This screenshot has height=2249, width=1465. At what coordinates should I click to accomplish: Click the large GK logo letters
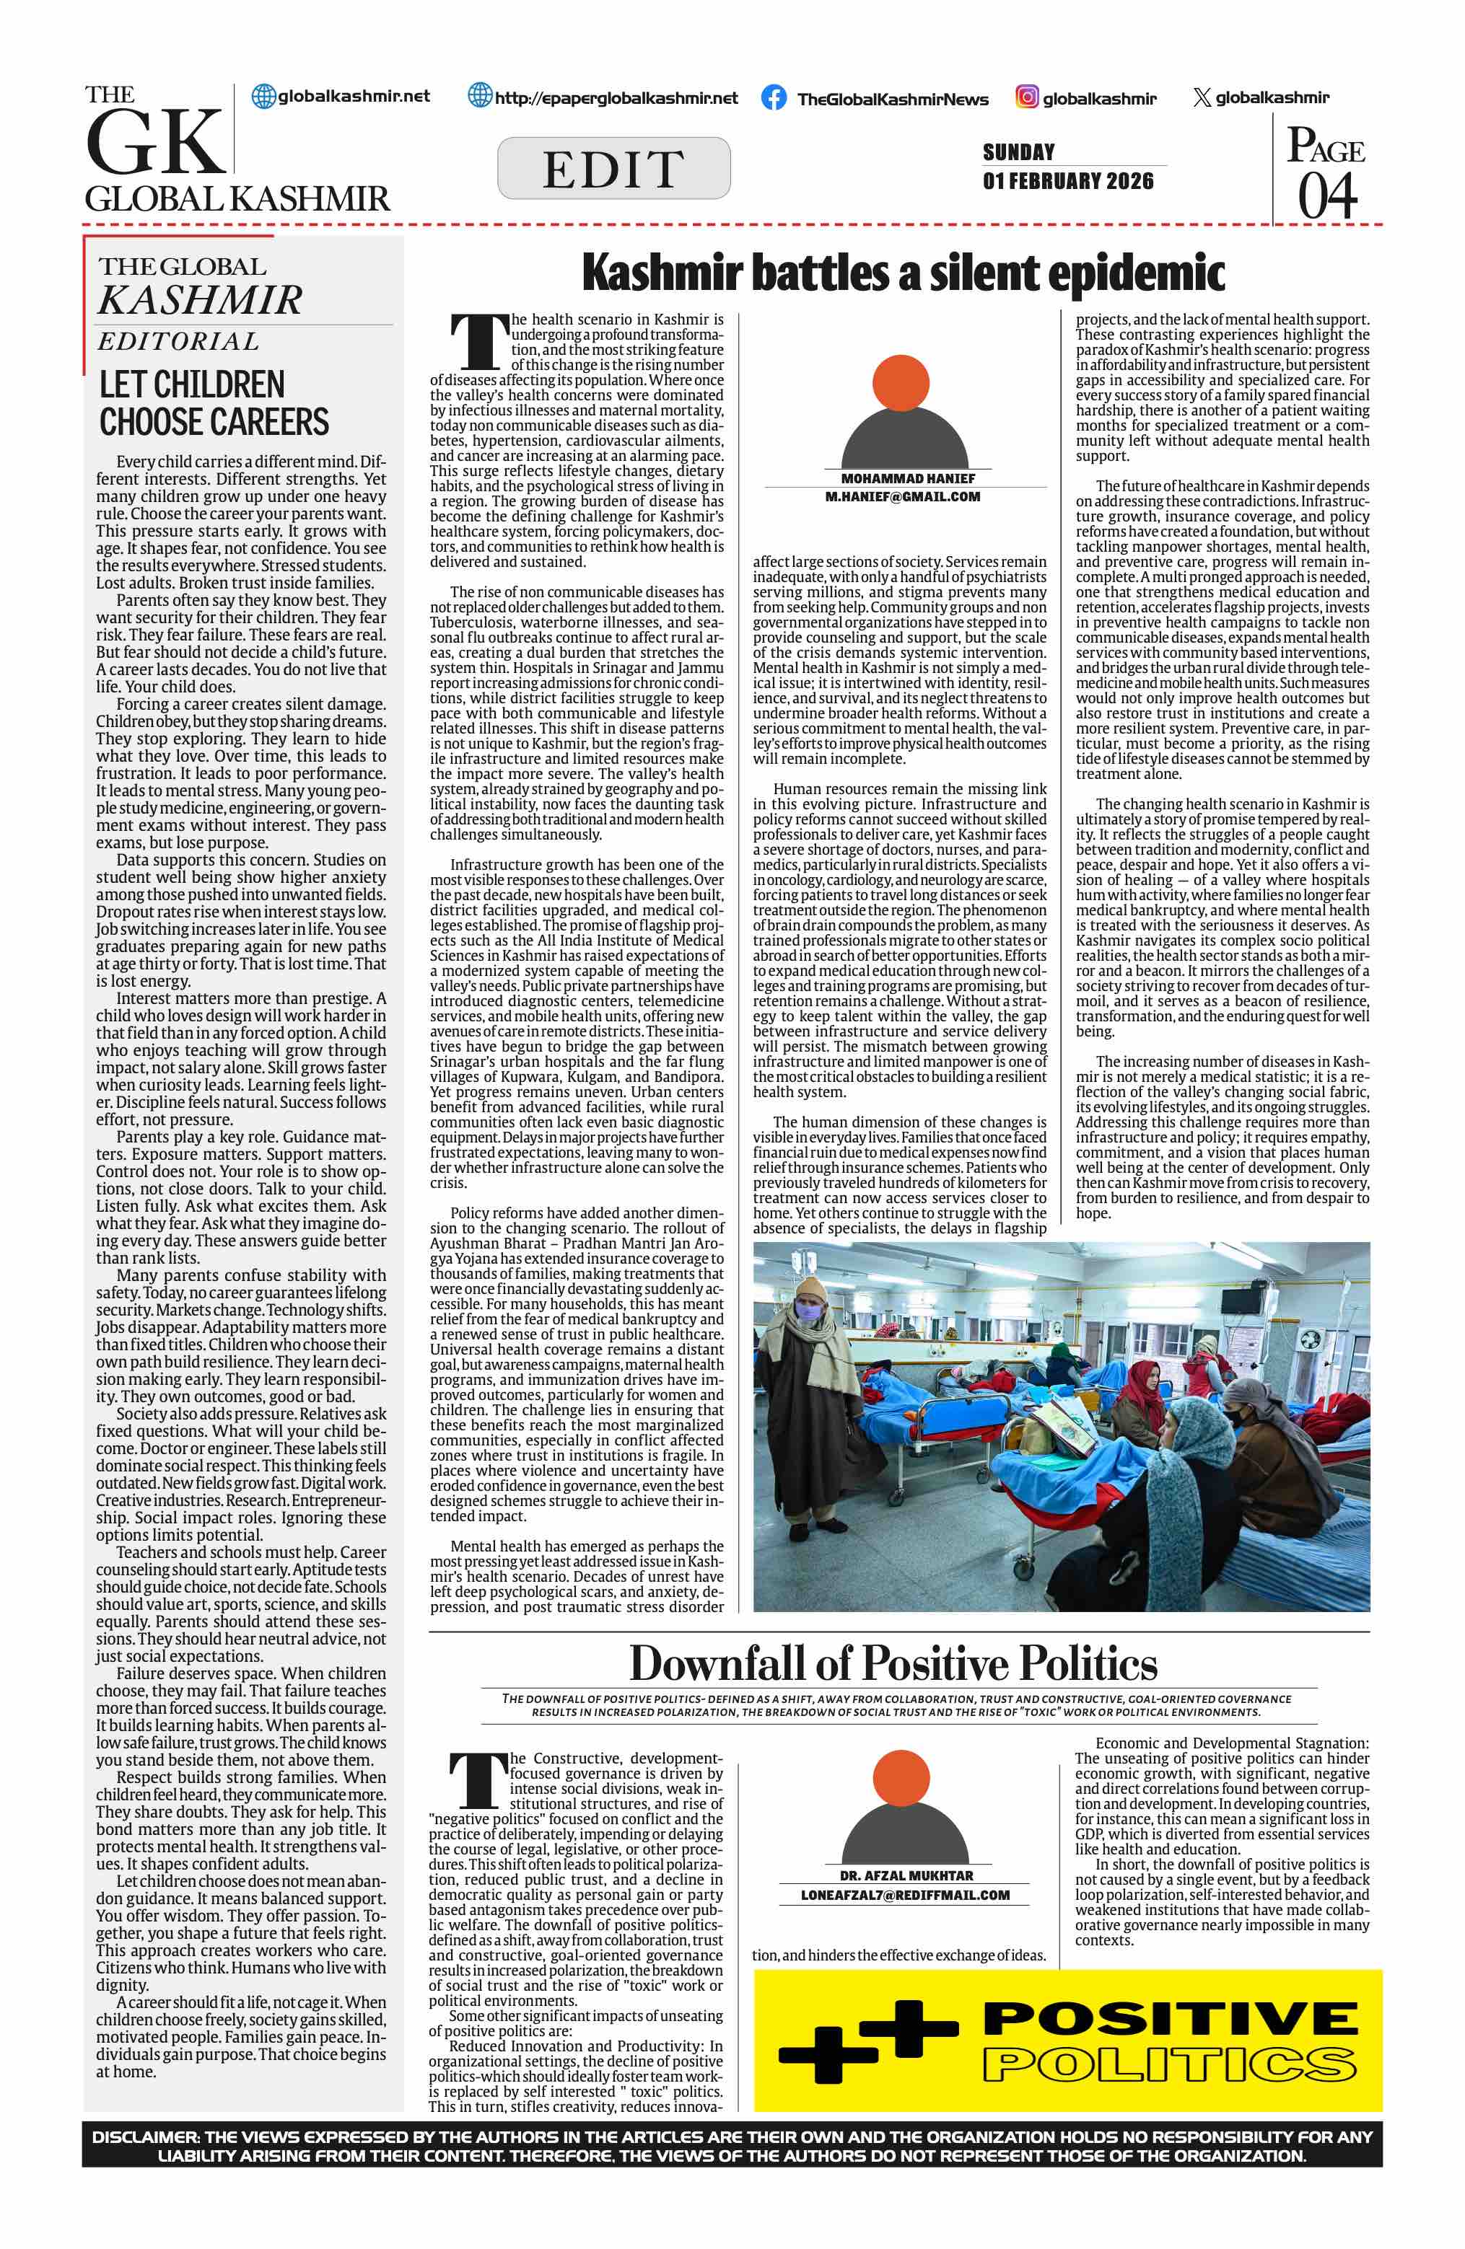tap(156, 144)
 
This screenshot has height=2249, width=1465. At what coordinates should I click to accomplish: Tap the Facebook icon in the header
tap(773, 97)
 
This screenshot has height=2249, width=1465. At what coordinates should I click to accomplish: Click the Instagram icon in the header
tap(1026, 97)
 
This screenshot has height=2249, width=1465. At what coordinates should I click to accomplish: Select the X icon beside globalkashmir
tap(1202, 97)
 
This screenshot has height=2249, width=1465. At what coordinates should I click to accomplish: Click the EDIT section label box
tap(613, 168)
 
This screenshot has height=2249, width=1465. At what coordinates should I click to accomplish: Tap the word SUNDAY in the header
tap(1018, 152)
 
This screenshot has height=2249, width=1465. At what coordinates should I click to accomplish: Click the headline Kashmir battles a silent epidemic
tap(903, 273)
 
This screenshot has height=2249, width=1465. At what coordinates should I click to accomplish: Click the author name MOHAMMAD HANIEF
tap(907, 478)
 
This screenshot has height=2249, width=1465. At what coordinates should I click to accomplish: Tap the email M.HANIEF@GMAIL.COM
tap(903, 496)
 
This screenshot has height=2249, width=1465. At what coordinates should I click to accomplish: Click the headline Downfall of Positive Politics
tap(893, 1662)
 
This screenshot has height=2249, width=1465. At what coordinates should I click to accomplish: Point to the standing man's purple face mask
tap(806, 1311)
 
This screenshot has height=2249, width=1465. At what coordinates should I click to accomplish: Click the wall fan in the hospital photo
tap(1309, 1341)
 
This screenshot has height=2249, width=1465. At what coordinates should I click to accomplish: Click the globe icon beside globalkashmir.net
tap(263, 97)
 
